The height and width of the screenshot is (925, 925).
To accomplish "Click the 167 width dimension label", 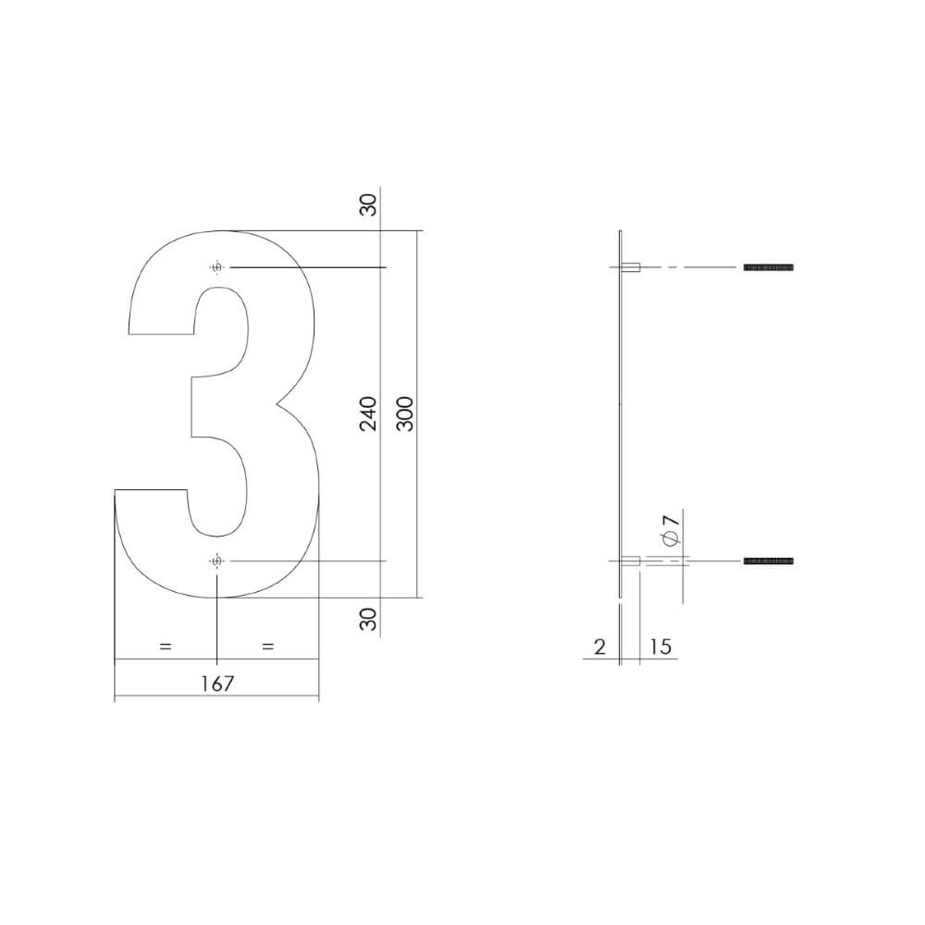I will coord(216,684).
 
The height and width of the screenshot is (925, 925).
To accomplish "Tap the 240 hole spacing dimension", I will coord(369,413).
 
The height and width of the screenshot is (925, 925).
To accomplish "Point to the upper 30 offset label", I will coord(369,205).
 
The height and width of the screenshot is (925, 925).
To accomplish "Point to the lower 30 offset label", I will coord(369,619).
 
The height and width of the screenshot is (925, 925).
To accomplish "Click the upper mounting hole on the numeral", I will coord(217,268).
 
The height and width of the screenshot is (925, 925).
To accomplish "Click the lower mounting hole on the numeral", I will coord(217,561).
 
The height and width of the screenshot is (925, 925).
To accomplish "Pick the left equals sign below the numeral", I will coord(166,647).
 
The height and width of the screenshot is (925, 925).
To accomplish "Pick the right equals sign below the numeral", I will coord(268,647).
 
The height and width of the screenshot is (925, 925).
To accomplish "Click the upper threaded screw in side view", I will coord(769,267).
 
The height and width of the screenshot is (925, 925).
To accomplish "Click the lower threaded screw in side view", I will coord(769,561).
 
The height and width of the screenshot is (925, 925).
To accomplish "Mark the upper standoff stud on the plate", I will coord(632,267).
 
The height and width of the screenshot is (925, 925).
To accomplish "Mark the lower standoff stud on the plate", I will coord(632,561).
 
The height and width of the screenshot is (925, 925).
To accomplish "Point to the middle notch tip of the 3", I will coord(277,405).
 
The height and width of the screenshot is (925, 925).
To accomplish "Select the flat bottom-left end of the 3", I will coord(151,490).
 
